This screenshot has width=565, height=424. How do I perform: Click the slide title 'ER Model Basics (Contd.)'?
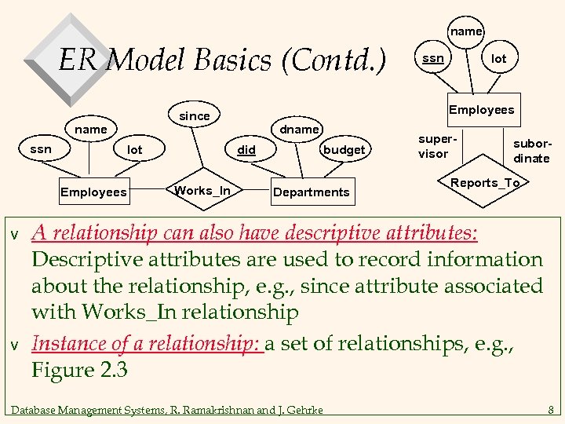[x=222, y=59]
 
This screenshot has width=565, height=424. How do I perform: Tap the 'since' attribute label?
[x=195, y=116]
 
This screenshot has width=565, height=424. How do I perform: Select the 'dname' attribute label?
[x=300, y=129]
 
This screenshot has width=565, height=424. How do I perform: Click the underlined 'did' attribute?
[x=246, y=149]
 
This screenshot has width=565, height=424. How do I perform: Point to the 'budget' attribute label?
[x=344, y=149]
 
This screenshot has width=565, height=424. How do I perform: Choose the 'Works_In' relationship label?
[x=202, y=191]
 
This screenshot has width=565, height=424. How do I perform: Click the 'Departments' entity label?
[x=311, y=192]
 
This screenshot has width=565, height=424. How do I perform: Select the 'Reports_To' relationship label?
[x=485, y=183]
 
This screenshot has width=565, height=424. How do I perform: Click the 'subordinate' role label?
[x=531, y=152]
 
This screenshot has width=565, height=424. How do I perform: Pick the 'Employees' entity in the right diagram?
[x=481, y=110]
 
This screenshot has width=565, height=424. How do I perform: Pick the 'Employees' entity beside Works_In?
[x=93, y=192]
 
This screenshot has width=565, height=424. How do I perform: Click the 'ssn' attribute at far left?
[x=41, y=149]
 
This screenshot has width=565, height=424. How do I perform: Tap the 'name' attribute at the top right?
[x=466, y=31]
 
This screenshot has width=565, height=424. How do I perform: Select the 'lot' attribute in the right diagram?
[x=498, y=59]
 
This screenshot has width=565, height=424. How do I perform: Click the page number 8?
[x=551, y=408]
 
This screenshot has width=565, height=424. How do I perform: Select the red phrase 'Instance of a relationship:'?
[x=146, y=343]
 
